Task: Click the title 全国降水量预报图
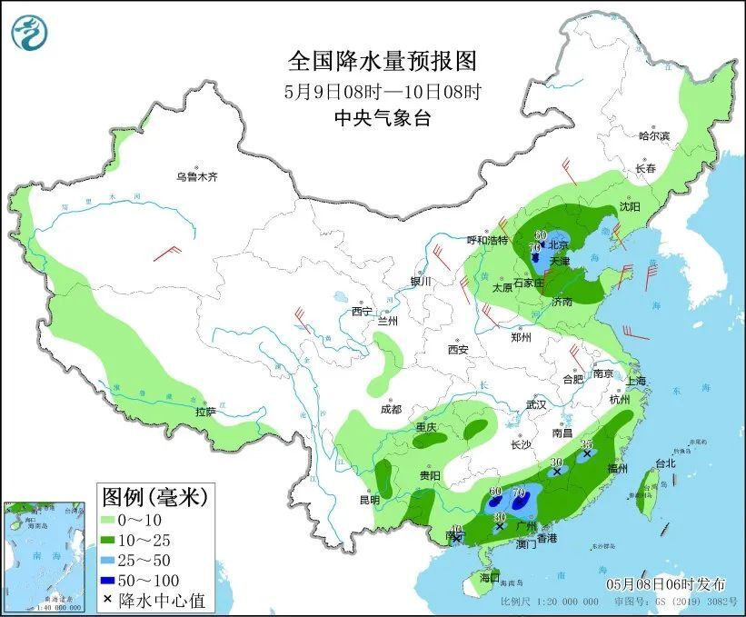[382, 61]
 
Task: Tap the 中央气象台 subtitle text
[382, 118]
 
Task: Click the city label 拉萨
[205, 411]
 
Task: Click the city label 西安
[457, 350]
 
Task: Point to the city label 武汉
[536, 404]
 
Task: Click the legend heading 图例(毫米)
[154, 497]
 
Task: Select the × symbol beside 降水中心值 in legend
[109, 600]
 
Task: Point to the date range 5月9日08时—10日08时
[382, 91]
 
